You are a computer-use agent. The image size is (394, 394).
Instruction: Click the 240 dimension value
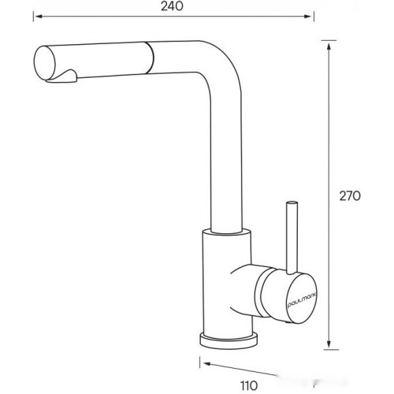[x=172, y=6]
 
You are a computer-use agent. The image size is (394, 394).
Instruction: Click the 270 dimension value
[x=350, y=196]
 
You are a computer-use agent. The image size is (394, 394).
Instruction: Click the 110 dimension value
[x=249, y=386]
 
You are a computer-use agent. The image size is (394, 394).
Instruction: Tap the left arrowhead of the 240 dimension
[x=39, y=17]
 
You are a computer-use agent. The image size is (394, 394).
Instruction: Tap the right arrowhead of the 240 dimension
[x=308, y=17]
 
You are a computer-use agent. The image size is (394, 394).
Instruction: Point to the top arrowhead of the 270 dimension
[x=329, y=46]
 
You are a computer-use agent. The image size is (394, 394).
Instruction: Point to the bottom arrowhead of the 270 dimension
[x=329, y=344]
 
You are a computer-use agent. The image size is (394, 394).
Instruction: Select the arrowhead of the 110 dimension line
[x=207, y=364]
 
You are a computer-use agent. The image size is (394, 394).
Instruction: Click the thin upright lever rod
[x=292, y=238]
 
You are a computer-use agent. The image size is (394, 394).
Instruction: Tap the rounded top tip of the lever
[x=292, y=203]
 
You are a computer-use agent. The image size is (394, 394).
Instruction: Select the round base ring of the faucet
[x=229, y=340]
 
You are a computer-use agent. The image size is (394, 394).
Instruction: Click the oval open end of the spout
[x=45, y=63]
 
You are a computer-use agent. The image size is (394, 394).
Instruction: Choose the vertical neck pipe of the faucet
[x=226, y=163]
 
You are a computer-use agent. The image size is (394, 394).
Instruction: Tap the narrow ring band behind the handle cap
[x=261, y=292]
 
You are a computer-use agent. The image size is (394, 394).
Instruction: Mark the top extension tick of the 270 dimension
[x=329, y=40]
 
